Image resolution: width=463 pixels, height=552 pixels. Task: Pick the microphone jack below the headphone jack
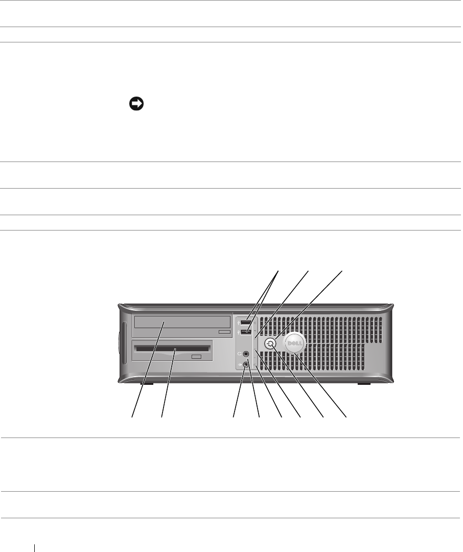247,364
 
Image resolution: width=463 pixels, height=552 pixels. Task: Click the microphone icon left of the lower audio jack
239,364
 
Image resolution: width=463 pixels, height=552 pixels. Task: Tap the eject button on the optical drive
224,332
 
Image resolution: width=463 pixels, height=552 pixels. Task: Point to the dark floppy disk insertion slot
172,350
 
